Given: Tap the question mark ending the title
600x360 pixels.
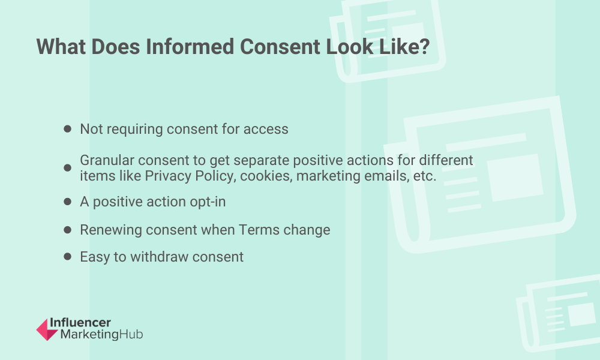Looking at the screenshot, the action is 424,47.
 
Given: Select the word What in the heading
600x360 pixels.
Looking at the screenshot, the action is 61,47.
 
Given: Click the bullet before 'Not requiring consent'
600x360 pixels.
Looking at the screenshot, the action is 67,129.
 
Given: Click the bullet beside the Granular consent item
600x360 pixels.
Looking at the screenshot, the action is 67,167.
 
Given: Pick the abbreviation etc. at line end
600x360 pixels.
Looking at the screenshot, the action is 425,176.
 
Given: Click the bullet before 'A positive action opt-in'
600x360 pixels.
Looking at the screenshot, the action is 67,202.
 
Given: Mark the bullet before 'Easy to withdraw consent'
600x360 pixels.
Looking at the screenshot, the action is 67,256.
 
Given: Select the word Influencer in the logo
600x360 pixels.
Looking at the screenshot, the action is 80,323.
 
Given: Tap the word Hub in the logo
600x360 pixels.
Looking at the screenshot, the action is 131,334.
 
